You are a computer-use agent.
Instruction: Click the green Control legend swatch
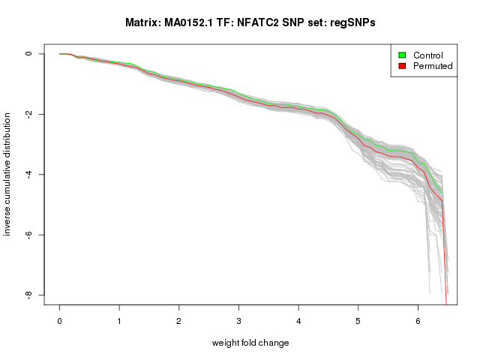click(403, 55)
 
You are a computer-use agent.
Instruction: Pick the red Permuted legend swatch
click(403, 66)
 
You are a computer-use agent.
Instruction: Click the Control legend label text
click(428, 55)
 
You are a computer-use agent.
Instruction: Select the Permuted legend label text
click(433, 66)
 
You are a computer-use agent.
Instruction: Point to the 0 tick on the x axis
click(59, 320)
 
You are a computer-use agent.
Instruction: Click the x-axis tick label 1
click(119, 320)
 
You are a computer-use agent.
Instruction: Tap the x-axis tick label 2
click(179, 320)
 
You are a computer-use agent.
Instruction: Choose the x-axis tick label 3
click(239, 320)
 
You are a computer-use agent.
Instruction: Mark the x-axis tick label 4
click(298, 320)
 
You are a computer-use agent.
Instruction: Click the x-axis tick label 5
click(358, 320)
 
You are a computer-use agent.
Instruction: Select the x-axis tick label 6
click(418, 320)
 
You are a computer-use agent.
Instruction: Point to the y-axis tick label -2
click(28, 114)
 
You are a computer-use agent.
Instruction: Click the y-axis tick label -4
click(28, 175)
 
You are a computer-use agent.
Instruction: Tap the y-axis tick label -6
click(28, 235)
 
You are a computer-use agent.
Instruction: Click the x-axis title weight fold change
click(250, 343)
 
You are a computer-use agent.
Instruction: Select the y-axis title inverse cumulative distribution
click(8, 175)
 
